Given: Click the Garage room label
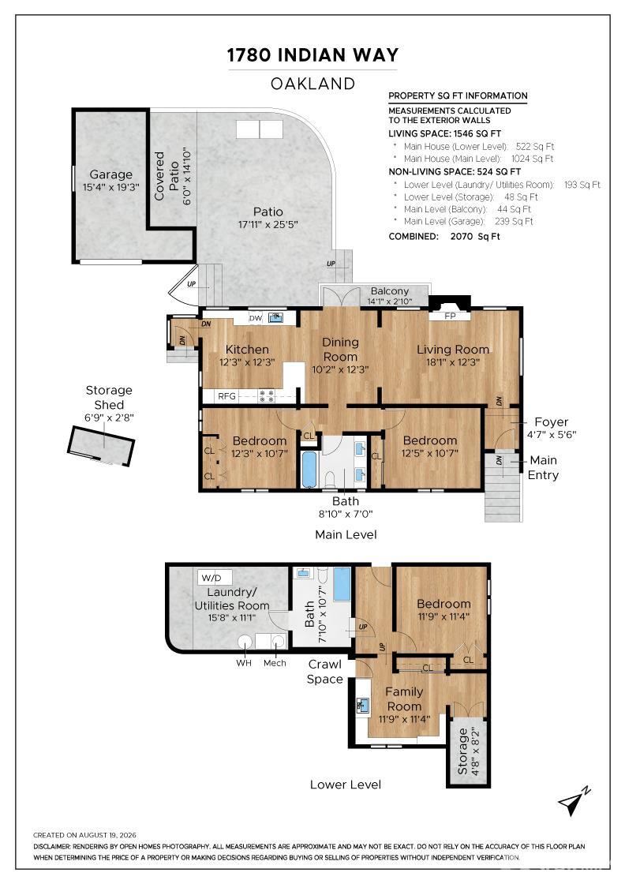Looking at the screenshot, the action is (x=110, y=174).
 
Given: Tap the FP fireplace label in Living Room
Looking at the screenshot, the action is (x=450, y=317).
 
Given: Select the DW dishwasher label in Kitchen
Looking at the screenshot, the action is (x=256, y=318).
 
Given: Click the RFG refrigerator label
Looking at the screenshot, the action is (x=226, y=396).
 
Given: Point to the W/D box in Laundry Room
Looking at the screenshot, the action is (x=211, y=578).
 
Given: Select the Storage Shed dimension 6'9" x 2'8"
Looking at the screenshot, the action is (x=109, y=418).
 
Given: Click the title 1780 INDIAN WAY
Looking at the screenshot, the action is (x=312, y=54).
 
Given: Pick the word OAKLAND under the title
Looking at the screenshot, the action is (x=312, y=84).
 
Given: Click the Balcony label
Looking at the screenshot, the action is (x=389, y=291).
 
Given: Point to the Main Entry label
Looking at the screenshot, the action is (x=543, y=467).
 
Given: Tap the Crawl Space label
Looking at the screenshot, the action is (x=324, y=672).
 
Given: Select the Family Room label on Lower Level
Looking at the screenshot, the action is (x=404, y=699).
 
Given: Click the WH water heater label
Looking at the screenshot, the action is (x=244, y=663).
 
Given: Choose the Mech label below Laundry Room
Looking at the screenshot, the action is (x=275, y=663).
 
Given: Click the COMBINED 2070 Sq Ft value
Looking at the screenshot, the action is (x=475, y=236).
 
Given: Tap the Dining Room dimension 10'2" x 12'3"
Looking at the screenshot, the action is (x=340, y=369).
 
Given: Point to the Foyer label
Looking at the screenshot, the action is (x=551, y=422).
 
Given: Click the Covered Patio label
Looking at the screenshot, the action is (x=167, y=175).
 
